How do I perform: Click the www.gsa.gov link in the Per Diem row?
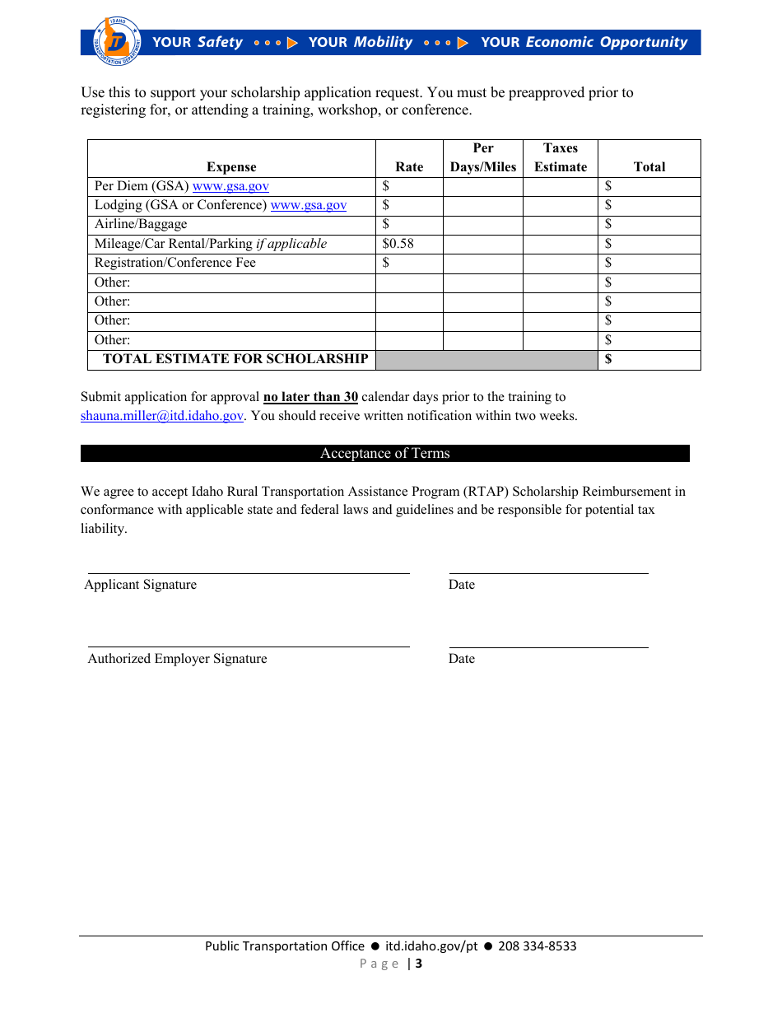pyautogui.click(x=230, y=186)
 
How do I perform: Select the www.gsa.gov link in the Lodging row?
pyautogui.click(x=309, y=205)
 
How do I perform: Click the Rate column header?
pyautogui.click(x=409, y=166)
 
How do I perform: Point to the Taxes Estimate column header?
pyautogui.click(x=561, y=157)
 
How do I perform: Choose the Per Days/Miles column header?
pyautogui.click(x=483, y=157)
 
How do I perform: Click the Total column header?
pyautogui.click(x=649, y=166)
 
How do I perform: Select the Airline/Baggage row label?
pyautogui.click(x=141, y=224)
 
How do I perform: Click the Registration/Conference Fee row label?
pyautogui.click(x=175, y=263)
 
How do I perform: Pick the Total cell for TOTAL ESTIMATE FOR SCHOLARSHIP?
pyautogui.click(x=649, y=359)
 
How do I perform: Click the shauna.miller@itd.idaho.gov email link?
pyautogui.click(x=162, y=416)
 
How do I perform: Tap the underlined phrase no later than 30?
pyautogui.click(x=310, y=397)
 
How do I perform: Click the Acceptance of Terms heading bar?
pyautogui.click(x=384, y=454)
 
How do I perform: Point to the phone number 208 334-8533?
pyautogui.click(x=538, y=946)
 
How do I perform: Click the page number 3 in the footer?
pyautogui.click(x=419, y=964)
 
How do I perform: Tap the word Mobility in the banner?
pyautogui.click(x=383, y=42)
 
